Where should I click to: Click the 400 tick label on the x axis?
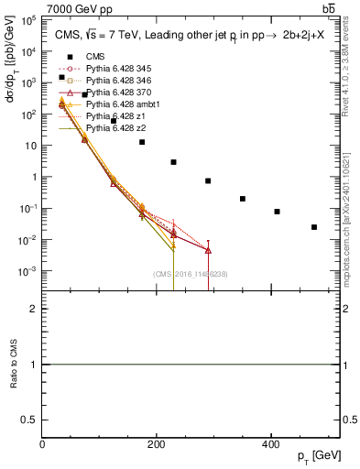[271, 444]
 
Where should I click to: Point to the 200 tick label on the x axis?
[157, 444]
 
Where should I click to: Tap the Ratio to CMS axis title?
[13, 365]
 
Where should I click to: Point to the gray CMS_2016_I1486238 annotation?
[191, 273]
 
